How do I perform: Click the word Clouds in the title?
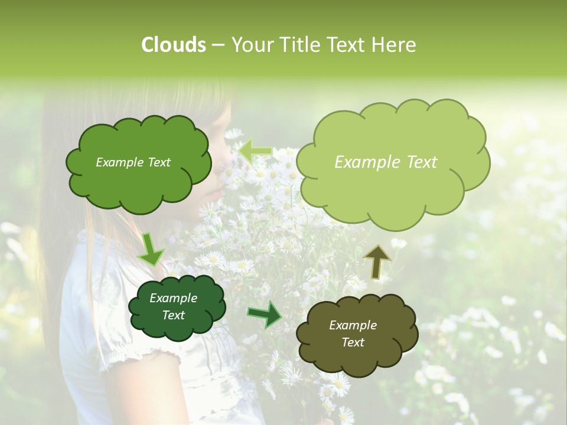coord(173,45)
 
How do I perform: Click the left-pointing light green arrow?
coord(256,151)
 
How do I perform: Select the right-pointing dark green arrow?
coord(265,314)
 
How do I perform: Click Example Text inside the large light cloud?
coord(386,162)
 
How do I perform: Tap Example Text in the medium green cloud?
coord(133,162)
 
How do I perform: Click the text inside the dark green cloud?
coord(173,307)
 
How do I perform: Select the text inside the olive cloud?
coord(353,334)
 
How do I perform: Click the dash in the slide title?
coord(218,45)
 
